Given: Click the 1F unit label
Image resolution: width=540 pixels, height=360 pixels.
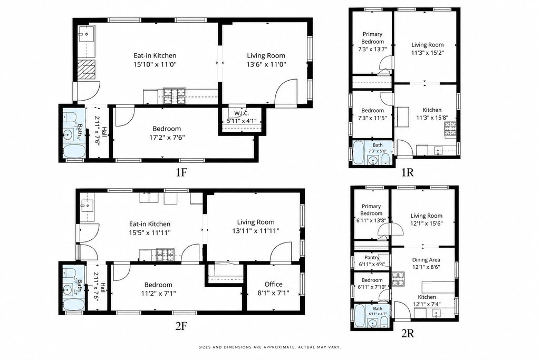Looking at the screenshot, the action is [x=181, y=172].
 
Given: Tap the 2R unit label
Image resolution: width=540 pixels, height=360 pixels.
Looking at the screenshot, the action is [x=408, y=333].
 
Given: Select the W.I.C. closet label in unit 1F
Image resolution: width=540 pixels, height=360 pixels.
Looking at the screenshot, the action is [x=242, y=113].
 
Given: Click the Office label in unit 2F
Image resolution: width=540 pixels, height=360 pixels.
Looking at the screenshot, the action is [x=274, y=284].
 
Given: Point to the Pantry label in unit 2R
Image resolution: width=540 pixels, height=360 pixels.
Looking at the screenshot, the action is [x=372, y=257].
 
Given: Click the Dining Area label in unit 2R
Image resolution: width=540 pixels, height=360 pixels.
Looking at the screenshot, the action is [x=426, y=260].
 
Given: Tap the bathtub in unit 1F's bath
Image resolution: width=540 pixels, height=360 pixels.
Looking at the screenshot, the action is [x=74, y=151].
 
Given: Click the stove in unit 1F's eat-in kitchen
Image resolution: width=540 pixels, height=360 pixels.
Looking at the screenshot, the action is [x=174, y=96].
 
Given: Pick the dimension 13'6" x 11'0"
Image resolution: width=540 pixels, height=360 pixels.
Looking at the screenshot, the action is [x=266, y=64].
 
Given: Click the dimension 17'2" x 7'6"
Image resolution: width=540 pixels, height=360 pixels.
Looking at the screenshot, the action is [x=167, y=138].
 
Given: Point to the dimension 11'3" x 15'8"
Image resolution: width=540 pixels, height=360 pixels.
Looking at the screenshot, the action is [x=432, y=118].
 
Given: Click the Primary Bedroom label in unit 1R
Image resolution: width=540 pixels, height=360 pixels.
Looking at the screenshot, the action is [x=372, y=38].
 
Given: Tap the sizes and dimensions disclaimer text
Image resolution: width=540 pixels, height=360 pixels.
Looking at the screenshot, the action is [x=269, y=347].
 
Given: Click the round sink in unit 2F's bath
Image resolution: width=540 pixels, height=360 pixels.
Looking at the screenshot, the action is [x=70, y=288].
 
